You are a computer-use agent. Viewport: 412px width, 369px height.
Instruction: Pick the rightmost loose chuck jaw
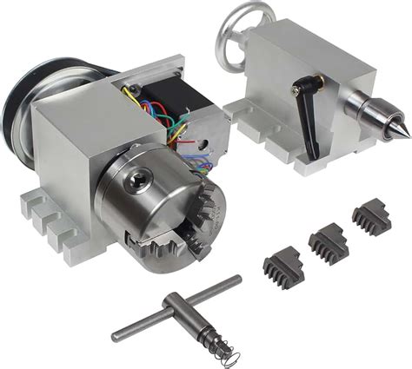click(x=371, y=219)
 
